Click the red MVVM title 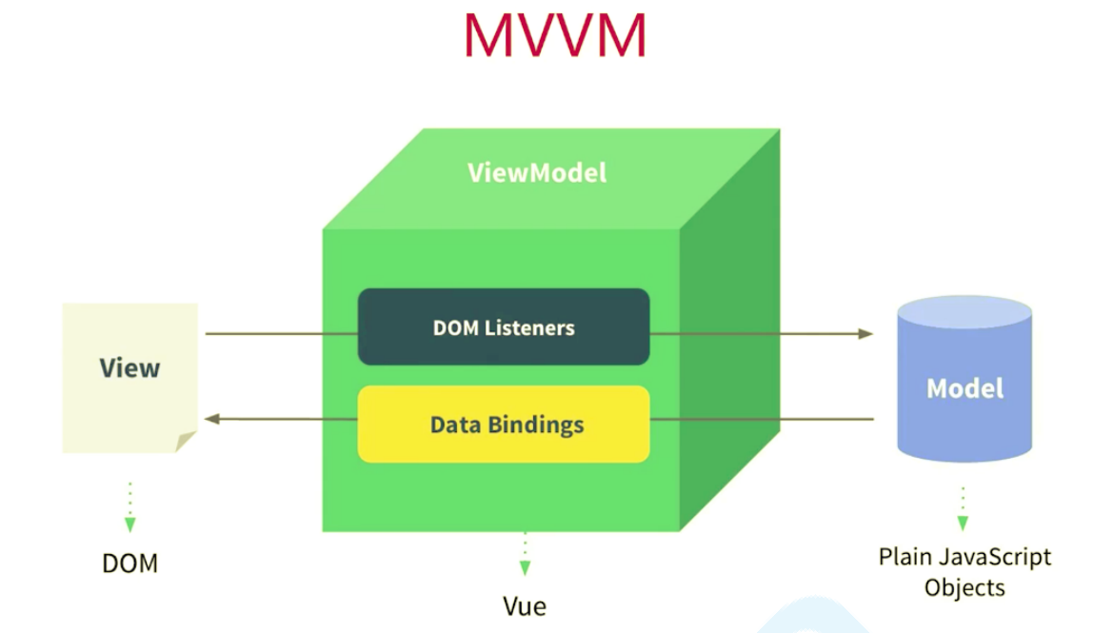point(555,36)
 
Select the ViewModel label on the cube point(536,173)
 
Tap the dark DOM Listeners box point(504,326)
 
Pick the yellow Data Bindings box point(504,424)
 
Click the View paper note point(129,376)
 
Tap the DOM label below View point(129,564)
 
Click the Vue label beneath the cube point(525,605)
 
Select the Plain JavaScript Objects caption point(965,571)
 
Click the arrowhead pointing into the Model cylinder point(865,333)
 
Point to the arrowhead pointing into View point(212,419)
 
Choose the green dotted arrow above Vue point(524,554)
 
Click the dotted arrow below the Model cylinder point(963,509)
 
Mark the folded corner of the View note point(186,441)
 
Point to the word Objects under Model point(965,586)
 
